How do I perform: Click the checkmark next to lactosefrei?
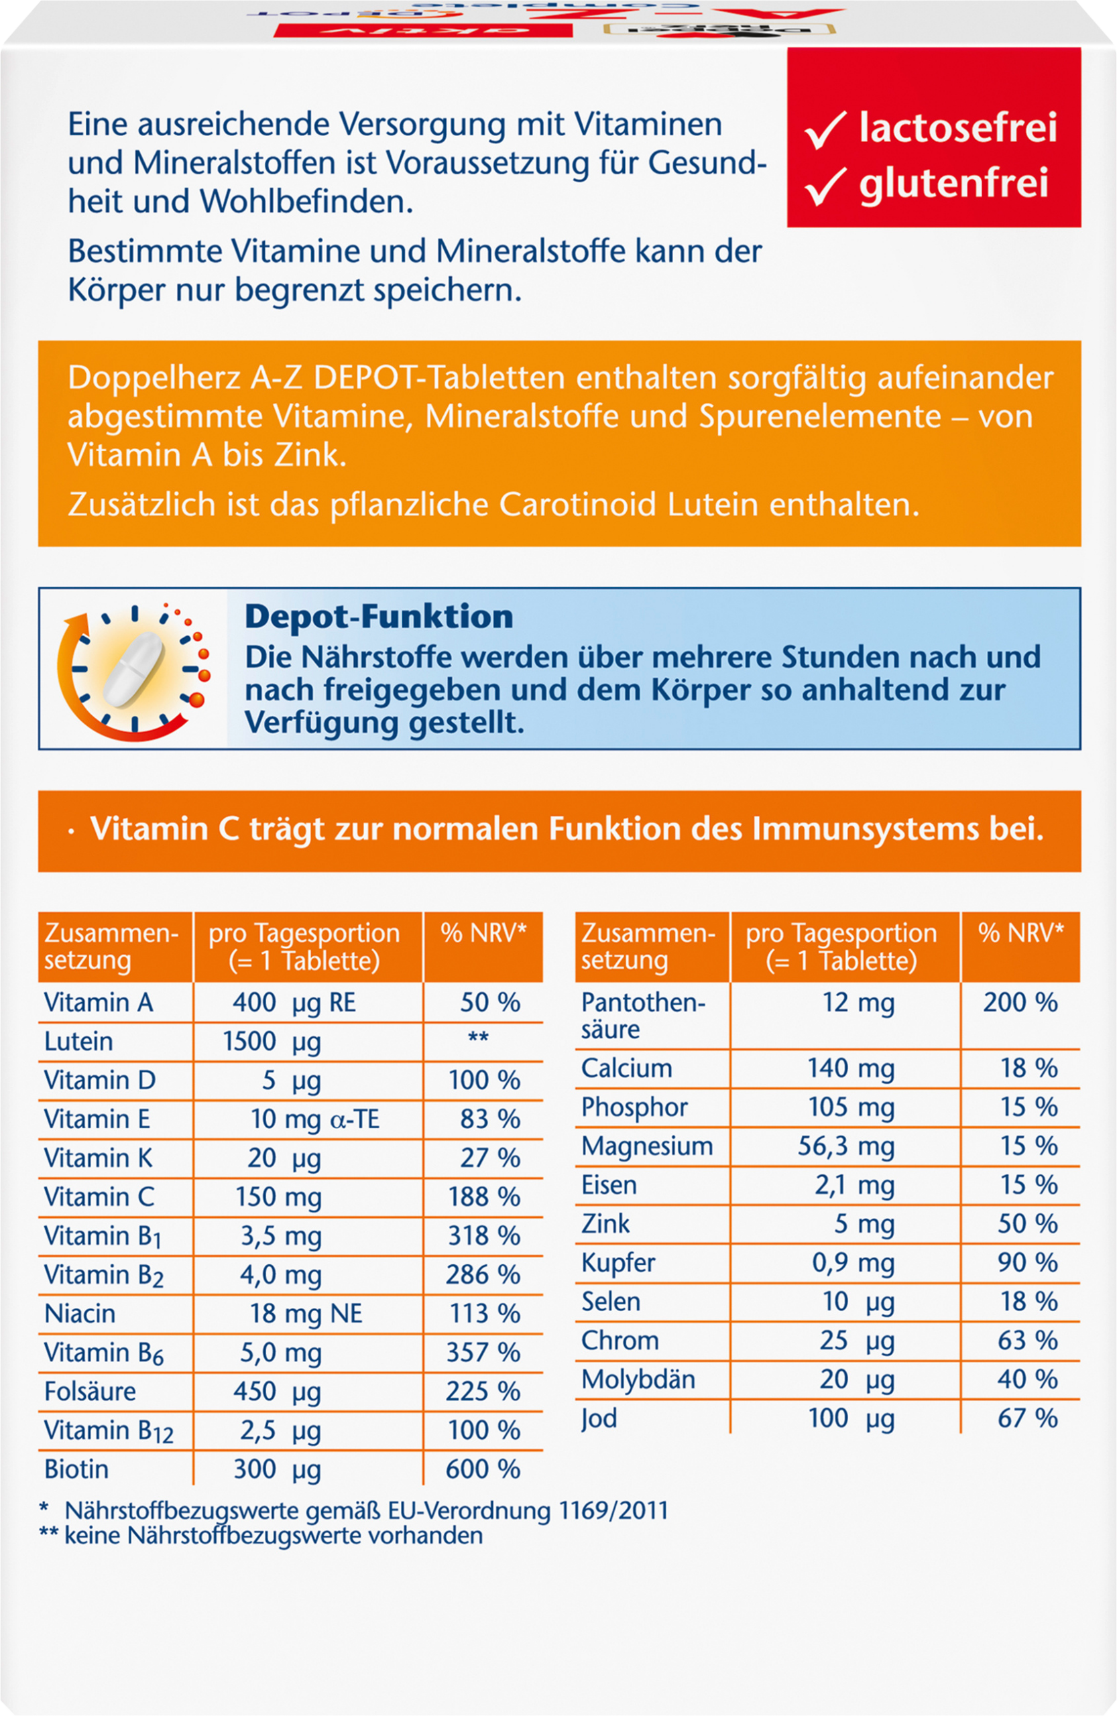coord(825,130)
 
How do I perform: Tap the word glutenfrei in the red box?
coord(953,184)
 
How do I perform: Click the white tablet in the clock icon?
coord(134,668)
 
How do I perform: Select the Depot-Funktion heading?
coord(379,617)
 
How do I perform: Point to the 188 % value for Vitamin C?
coord(484,1197)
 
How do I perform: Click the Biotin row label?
coord(76,1469)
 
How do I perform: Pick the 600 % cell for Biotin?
coord(483,1469)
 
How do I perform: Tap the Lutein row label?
coord(78,1041)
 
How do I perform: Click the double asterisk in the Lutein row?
coord(479,1038)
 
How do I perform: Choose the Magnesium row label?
coord(647,1146)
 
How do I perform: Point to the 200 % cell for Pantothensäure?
coord(1020,1002)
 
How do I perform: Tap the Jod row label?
coord(599,1419)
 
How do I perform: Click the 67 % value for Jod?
coord(1028,1418)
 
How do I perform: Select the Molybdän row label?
coord(638,1380)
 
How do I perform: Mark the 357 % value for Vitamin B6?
coord(483,1353)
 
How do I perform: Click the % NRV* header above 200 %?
coord(1021,933)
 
